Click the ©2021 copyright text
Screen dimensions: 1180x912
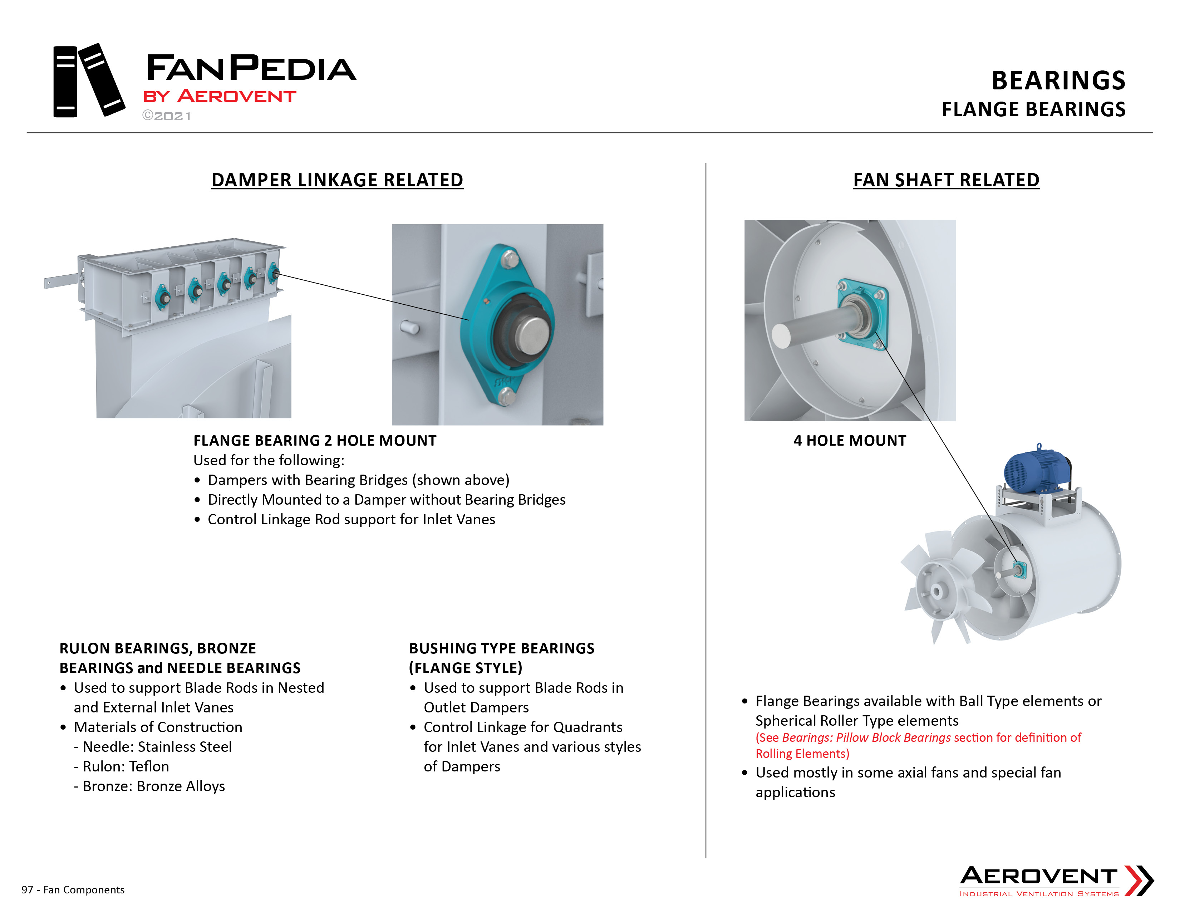[x=166, y=116]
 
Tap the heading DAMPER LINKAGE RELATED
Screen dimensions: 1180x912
[x=337, y=180]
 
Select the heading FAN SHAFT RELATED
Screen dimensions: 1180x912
[x=946, y=180]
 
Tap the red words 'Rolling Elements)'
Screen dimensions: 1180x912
[x=802, y=754]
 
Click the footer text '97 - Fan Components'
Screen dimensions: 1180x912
[x=73, y=890]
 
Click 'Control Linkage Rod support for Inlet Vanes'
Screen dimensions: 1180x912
[x=351, y=519]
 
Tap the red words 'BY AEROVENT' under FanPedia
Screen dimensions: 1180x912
[x=219, y=96]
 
